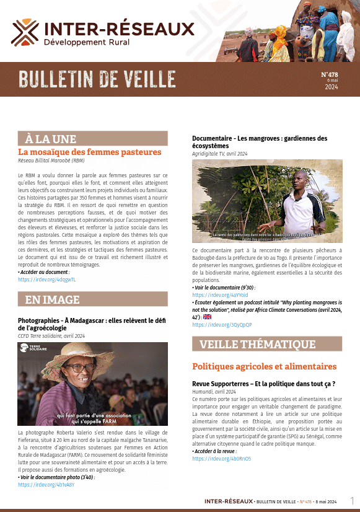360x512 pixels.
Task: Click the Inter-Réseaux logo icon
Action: tap(25, 32)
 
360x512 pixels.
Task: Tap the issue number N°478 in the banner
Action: tap(329, 74)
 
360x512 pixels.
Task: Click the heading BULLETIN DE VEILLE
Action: tap(97, 79)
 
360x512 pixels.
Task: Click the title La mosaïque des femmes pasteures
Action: tap(90, 152)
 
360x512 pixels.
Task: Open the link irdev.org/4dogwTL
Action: tap(47, 280)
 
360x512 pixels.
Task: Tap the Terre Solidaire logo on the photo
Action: tap(34, 348)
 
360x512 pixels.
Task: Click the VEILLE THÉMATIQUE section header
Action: tap(257, 344)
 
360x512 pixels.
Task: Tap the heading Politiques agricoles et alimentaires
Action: tap(264, 366)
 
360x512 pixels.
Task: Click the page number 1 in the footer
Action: tap(352, 500)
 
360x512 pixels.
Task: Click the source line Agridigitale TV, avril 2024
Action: tap(219, 154)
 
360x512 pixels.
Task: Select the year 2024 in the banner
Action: tap(331, 87)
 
